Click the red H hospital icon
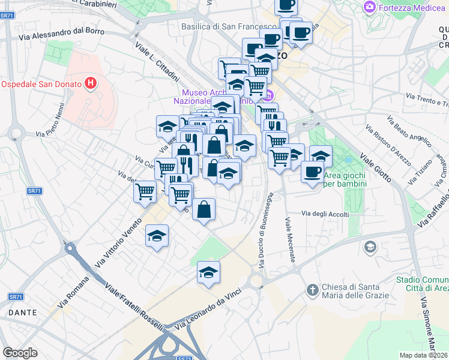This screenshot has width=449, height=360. click(x=91, y=83)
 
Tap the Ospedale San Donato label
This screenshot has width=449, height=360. click(x=40, y=83)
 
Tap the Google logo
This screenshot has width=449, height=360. click(x=20, y=352)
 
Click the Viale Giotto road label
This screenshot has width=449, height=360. click(x=375, y=167)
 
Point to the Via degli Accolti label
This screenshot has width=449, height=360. click(x=325, y=214)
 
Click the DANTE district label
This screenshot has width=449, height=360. click(x=22, y=313)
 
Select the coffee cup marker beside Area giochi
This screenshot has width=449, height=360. click(x=312, y=172)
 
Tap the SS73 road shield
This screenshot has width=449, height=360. click(x=183, y=357)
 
